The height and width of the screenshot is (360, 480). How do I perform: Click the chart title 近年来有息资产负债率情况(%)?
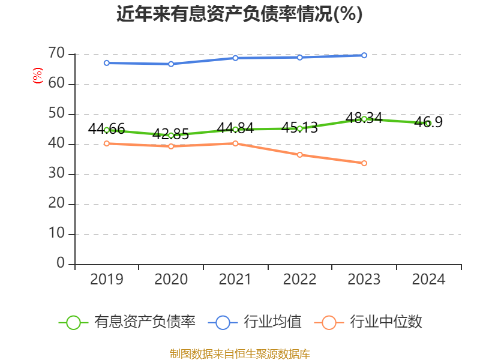pos(239,14)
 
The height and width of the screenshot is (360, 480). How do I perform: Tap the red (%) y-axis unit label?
pos(38,76)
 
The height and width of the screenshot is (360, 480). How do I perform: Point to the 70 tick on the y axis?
pos(56,54)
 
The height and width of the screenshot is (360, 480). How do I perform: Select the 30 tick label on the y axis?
pos(56,174)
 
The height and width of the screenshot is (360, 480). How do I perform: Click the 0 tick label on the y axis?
pos(60,263)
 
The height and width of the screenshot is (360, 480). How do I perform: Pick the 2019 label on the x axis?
pos(106,280)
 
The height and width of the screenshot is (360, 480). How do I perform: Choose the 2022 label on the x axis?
pos(299,280)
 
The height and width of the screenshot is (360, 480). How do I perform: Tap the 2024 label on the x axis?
pos(428,280)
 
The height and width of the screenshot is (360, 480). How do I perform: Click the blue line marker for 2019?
pos(106,63)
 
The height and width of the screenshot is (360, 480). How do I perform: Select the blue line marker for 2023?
pos(364,55)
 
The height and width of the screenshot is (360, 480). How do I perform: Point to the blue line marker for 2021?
pos(235,58)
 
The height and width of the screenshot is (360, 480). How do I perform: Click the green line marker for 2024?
pos(428,124)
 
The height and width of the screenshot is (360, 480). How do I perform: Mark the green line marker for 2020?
pos(171,136)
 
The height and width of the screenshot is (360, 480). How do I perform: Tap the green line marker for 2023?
pos(364,119)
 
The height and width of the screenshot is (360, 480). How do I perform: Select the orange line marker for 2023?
pos(364,163)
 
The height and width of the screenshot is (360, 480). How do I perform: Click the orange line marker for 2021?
pos(235,143)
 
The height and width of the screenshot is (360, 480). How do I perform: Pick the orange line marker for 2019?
pos(106,143)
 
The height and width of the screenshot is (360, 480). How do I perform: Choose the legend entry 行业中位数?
pos(369,322)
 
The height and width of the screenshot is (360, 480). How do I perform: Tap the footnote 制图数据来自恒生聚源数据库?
pos(239,353)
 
